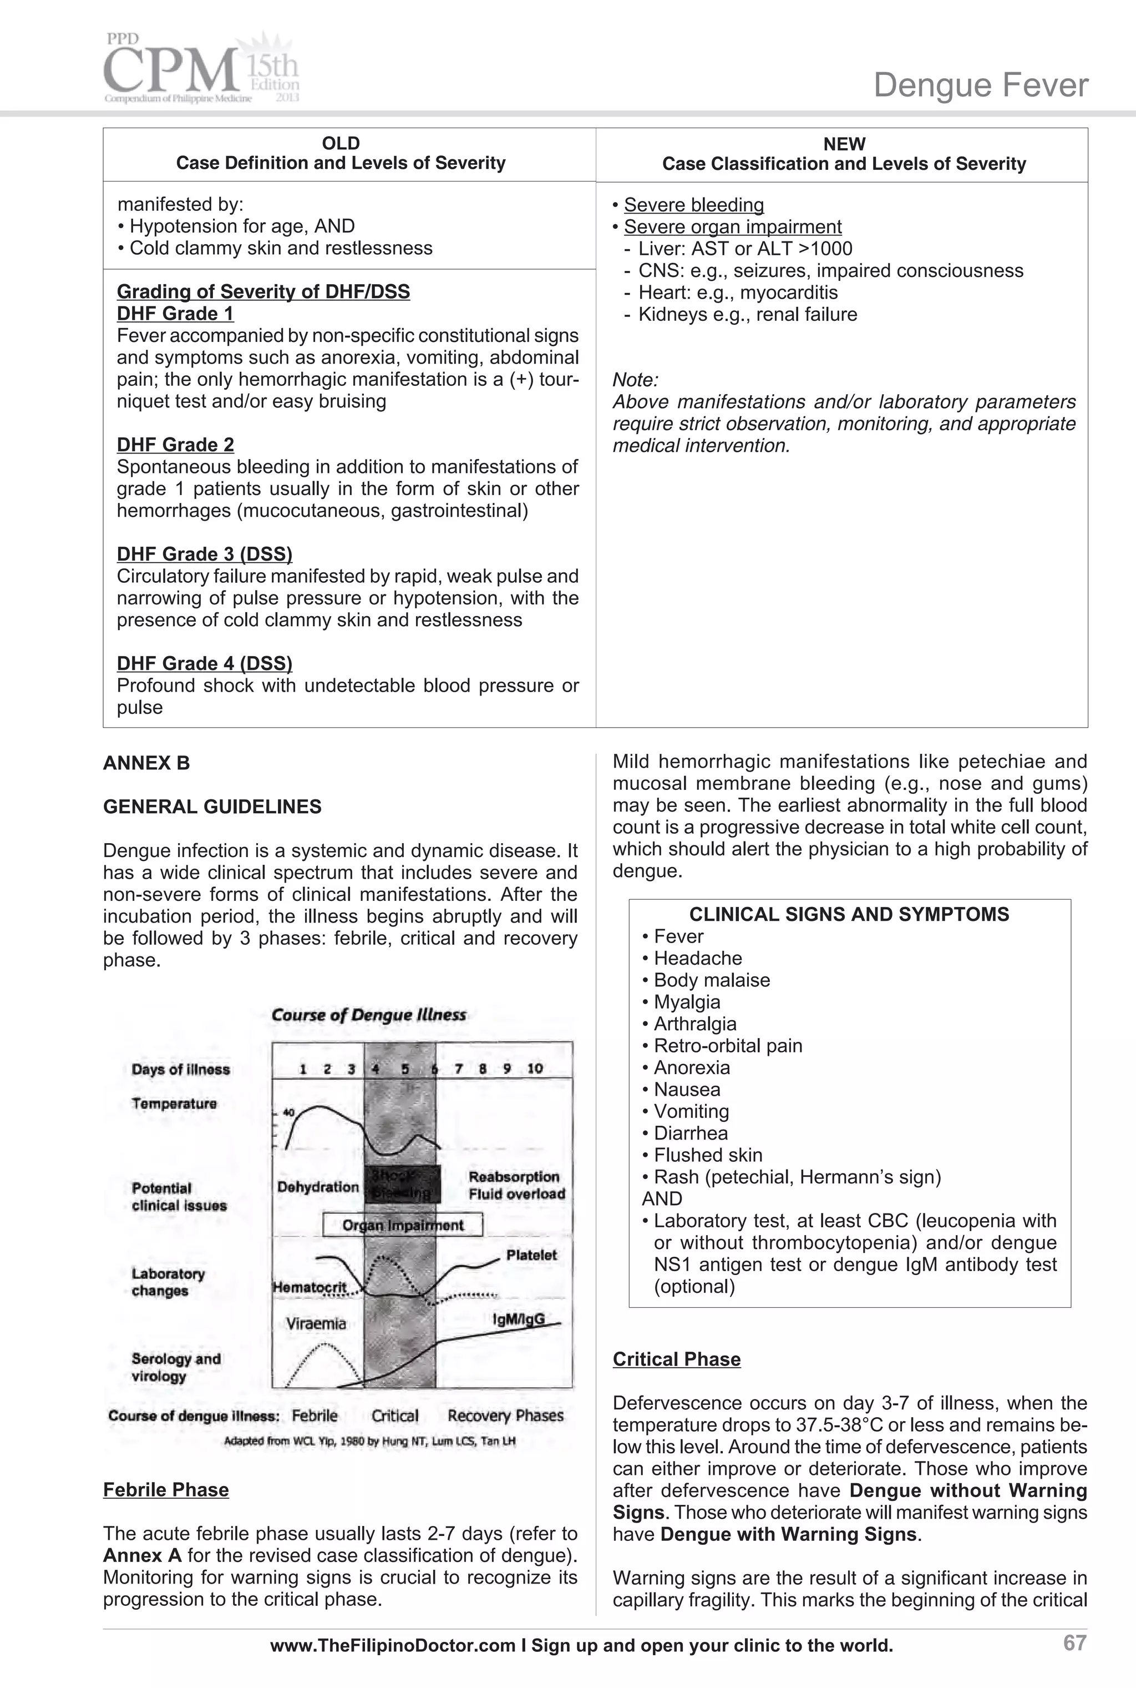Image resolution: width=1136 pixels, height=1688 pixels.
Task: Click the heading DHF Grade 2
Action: coord(175,444)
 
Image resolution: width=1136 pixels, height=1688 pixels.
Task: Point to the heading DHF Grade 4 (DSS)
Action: coord(204,663)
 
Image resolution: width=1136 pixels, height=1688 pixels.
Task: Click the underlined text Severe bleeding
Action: coord(693,205)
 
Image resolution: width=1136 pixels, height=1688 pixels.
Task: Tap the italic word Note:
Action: coord(635,380)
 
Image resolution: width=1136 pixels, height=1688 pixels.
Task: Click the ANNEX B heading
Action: coord(146,763)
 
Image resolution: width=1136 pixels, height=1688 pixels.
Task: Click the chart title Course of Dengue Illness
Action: coord(369,1015)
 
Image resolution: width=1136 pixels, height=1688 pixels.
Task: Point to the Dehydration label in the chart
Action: coord(317,1186)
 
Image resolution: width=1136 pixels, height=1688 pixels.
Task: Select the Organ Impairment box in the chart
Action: coord(403,1225)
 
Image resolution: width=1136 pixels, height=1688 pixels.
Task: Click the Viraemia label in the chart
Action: coord(316,1323)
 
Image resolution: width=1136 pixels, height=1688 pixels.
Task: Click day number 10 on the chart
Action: coord(535,1069)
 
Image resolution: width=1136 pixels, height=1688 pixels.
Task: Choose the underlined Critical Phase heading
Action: coord(677,1359)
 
